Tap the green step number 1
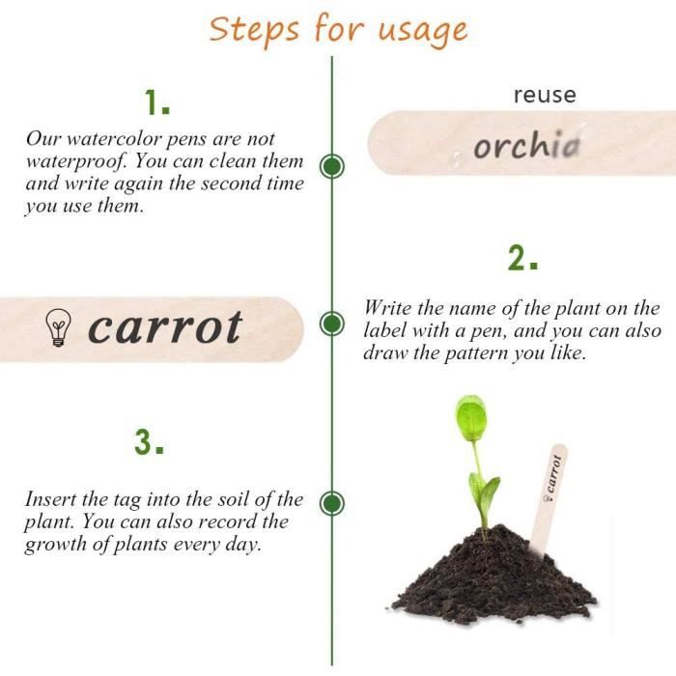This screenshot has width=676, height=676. tap(156, 102)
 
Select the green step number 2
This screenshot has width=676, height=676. tap(522, 258)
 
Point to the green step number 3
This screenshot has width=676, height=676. tap(149, 442)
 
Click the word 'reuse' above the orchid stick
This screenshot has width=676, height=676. tap(545, 95)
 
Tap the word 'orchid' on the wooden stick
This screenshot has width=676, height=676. tap(526, 145)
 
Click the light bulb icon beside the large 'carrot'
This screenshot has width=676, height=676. tap(58, 327)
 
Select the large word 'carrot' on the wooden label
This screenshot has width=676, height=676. tap(165, 328)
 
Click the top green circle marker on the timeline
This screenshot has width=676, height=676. tap(332, 166)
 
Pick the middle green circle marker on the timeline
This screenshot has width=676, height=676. tap(332, 324)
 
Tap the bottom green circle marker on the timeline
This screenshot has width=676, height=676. tap(332, 503)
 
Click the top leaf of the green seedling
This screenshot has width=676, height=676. tap(471, 418)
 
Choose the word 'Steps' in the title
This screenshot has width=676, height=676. tap(253, 30)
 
